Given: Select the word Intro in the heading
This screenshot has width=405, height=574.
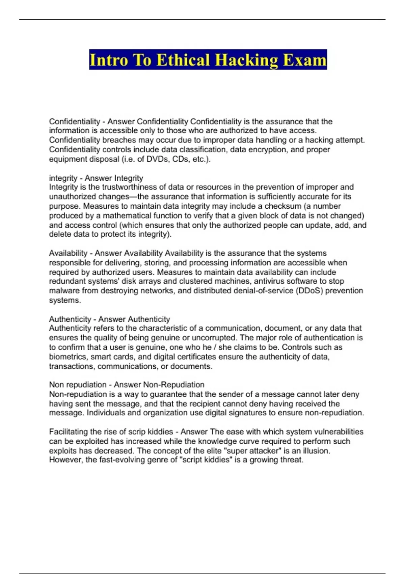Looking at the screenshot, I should pos(109,60).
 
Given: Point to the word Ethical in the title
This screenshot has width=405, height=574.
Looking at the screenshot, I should pos(184,60).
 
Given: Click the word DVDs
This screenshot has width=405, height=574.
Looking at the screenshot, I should pos(157,159).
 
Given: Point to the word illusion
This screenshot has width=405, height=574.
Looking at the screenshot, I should pos(315,451).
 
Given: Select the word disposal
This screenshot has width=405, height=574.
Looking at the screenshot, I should pos(101,159).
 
